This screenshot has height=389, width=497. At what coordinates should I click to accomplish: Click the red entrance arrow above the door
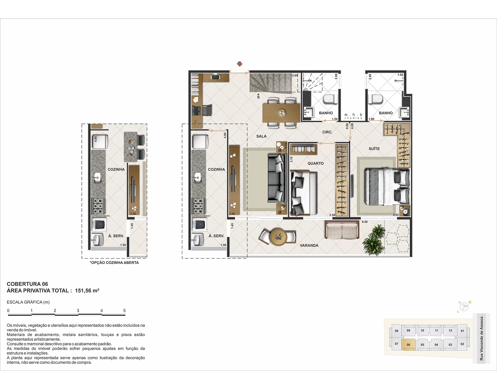point(240,64)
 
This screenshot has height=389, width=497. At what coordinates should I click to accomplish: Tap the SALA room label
point(261,136)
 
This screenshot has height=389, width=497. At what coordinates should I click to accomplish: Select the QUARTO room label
point(316,163)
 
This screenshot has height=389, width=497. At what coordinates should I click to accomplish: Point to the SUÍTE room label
point(374,149)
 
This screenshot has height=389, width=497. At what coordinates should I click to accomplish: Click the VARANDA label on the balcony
point(309,245)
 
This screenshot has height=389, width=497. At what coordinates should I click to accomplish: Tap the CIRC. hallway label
point(327,132)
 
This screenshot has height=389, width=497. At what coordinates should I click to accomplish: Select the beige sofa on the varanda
point(342,230)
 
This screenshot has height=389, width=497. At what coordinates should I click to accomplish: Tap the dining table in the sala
point(281,113)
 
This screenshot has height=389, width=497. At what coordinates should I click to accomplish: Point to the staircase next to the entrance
point(271,82)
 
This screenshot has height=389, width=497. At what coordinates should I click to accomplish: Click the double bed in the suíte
point(387,187)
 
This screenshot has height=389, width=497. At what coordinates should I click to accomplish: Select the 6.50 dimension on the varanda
point(365,222)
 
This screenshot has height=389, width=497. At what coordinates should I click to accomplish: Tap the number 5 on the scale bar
point(125,310)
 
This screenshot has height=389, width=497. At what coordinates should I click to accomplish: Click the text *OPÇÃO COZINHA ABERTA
point(114,263)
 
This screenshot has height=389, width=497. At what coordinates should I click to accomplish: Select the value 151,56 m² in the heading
point(87,290)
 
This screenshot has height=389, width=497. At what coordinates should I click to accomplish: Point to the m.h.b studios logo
point(353,116)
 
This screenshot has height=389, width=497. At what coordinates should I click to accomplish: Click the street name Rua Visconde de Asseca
point(481,339)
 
